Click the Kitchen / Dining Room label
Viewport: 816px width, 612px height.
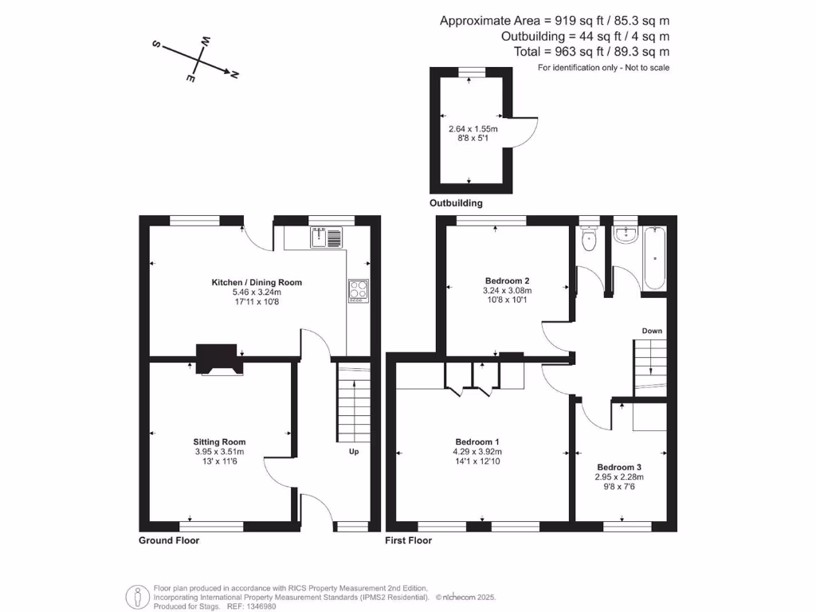[x=256, y=282]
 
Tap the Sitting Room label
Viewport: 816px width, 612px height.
[x=219, y=441]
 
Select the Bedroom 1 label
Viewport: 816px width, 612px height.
[x=477, y=441]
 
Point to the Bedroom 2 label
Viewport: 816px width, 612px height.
[x=508, y=280]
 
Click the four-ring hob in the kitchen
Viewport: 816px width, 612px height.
[x=359, y=291]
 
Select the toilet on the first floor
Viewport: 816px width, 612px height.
[x=589, y=239]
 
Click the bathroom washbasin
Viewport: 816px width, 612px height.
[x=626, y=233]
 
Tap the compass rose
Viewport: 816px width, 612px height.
[x=196, y=60]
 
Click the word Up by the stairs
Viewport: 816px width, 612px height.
[x=354, y=452]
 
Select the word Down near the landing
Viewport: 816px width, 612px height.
[x=652, y=331]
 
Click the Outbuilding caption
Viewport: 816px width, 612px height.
[x=456, y=203]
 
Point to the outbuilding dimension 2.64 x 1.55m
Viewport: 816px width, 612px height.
[x=473, y=129]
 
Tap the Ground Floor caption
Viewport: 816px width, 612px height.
[x=169, y=540]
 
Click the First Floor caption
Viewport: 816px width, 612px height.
[x=408, y=540]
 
